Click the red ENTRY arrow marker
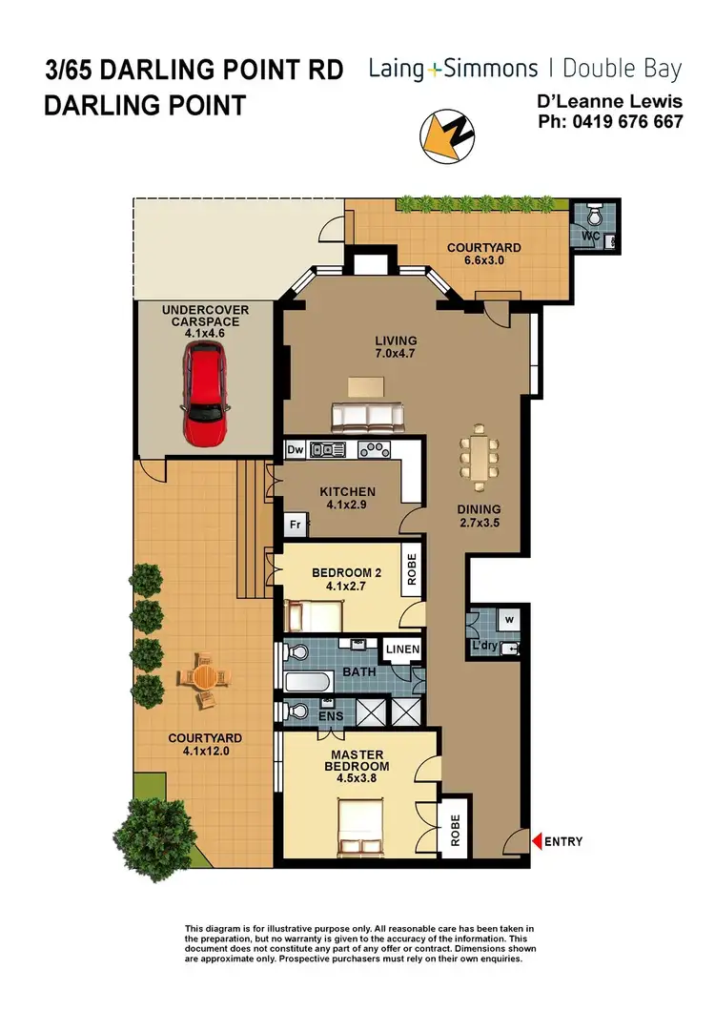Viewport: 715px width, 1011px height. click(x=537, y=841)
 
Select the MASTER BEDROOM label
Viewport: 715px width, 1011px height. click(x=357, y=759)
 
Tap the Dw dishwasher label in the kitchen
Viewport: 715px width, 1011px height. click(x=296, y=448)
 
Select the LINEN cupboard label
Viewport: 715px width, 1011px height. click(x=399, y=650)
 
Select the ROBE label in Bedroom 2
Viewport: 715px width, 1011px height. click(x=413, y=571)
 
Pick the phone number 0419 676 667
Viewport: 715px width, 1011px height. click(x=624, y=121)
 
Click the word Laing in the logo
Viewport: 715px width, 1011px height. click(x=398, y=68)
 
